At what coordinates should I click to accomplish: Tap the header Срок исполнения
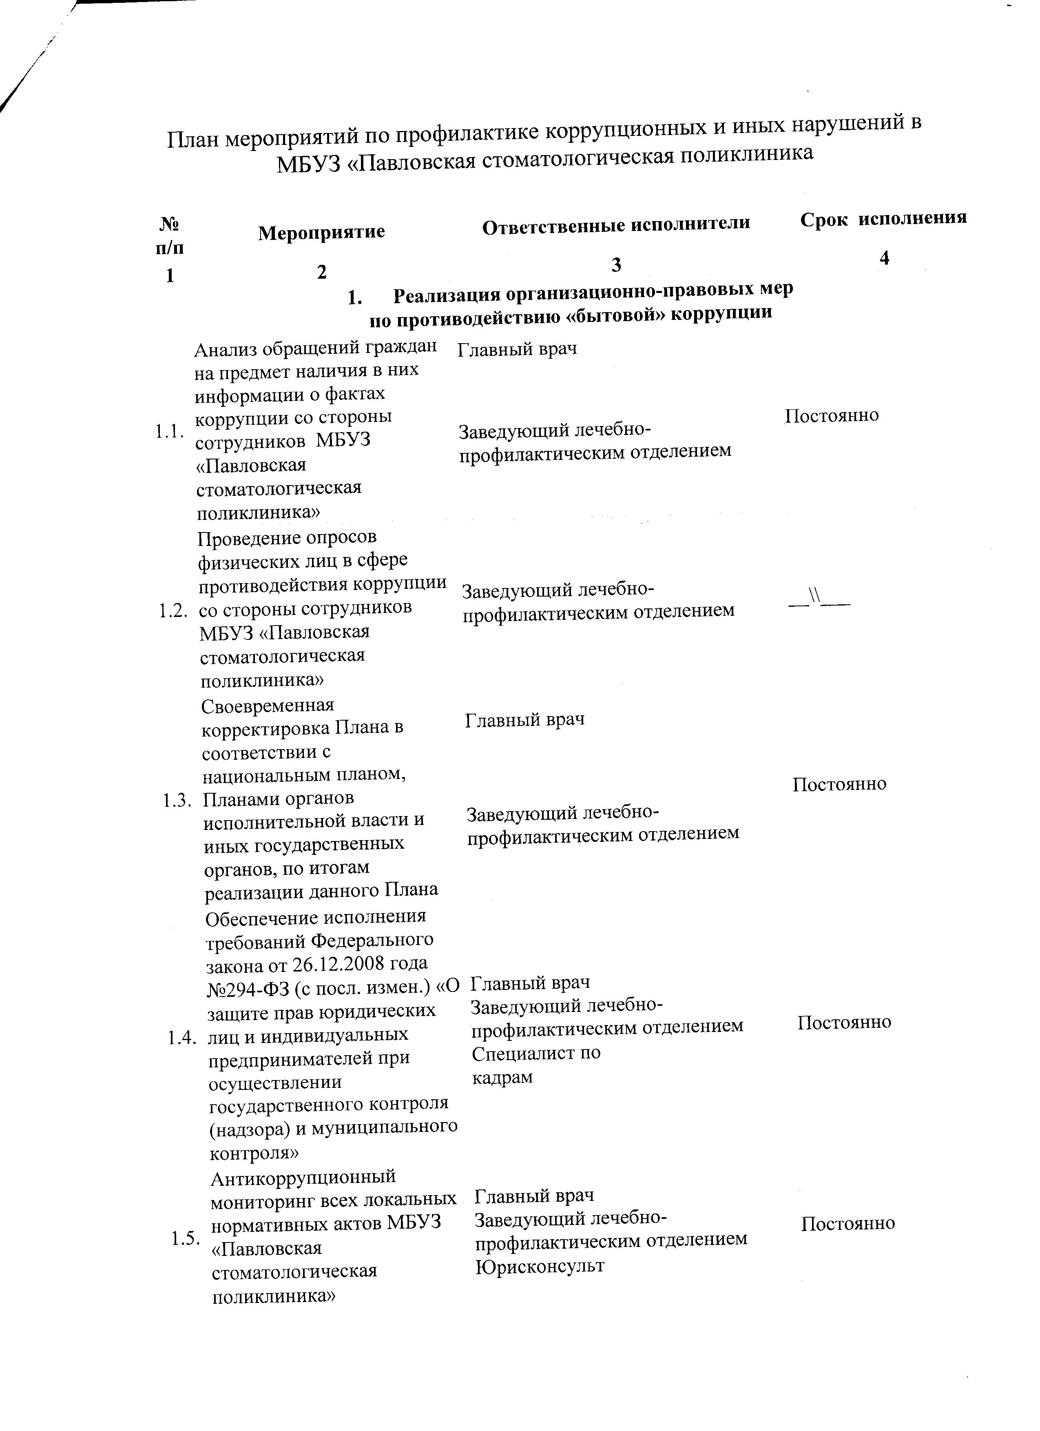883,218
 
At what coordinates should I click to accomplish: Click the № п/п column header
170,235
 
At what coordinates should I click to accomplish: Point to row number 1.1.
169,432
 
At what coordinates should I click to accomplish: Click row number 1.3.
177,801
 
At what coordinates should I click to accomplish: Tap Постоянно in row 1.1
831,416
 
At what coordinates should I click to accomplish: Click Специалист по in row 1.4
536,1053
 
